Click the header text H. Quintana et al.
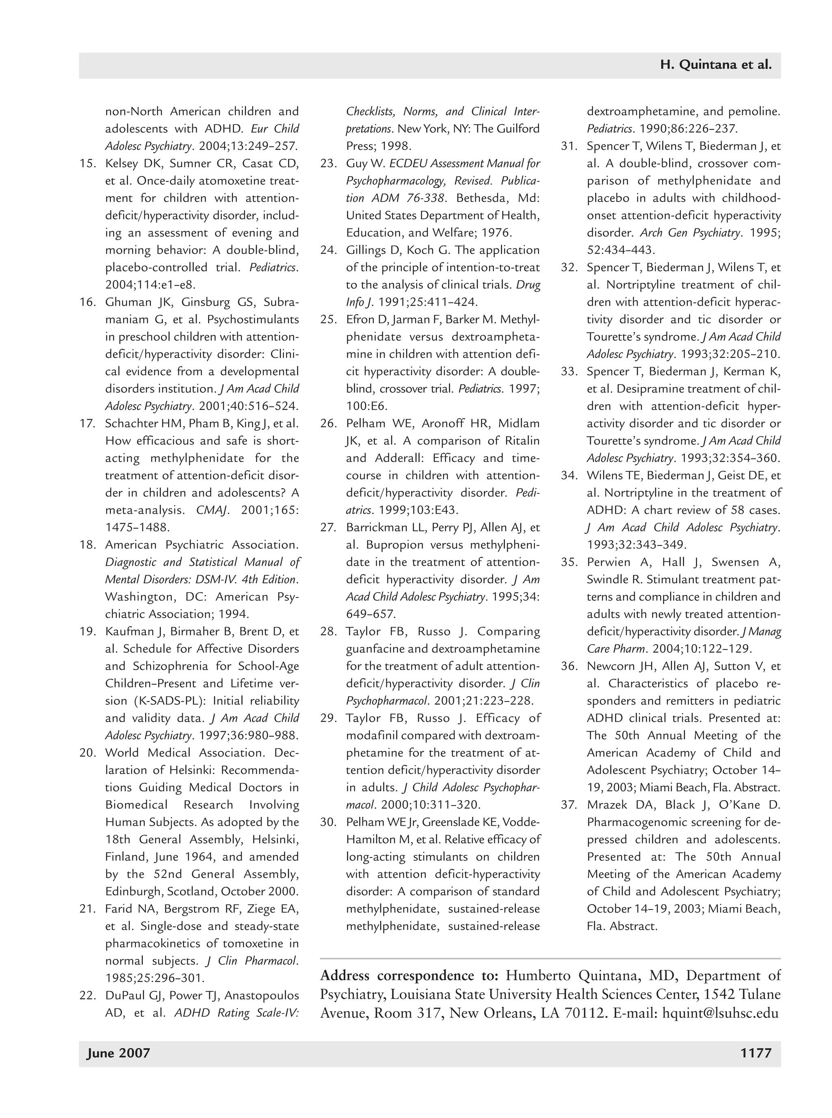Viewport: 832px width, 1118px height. pyautogui.click(x=716, y=65)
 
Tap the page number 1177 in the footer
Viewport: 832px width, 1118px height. pyautogui.click(x=756, y=1053)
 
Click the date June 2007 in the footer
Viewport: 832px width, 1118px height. pyautogui.click(x=118, y=1053)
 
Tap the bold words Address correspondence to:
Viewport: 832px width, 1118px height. pyautogui.click(x=409, y=975)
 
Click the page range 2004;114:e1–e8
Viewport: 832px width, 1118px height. pyautogui.click(x=150, y=284)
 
